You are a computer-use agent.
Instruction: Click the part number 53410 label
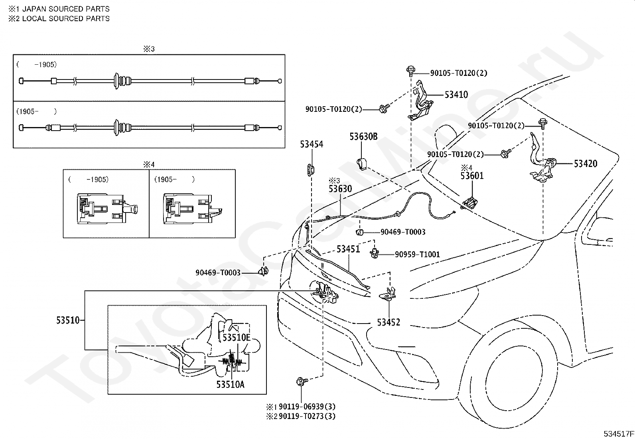coord(456,95)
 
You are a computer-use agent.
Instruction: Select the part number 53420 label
coord(586,163)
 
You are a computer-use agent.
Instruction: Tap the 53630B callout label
coord(363,137)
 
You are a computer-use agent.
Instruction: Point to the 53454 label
coord(312,145)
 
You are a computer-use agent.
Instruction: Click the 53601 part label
coord(472,176)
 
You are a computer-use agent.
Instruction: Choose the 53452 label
coord(388,322)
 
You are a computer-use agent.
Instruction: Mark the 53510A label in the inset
coord(231,384)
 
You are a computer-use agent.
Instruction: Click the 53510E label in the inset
coord(236,338)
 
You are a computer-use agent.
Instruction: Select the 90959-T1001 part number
coord(417,254)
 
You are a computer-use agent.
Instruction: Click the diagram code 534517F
coord(618,433)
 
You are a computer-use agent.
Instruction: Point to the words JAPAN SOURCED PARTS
coord(66,9)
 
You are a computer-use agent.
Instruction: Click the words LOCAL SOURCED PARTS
coord(66,18)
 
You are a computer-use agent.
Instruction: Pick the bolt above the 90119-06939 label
coord(300,381)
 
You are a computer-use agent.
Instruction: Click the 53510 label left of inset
coord(68,320)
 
